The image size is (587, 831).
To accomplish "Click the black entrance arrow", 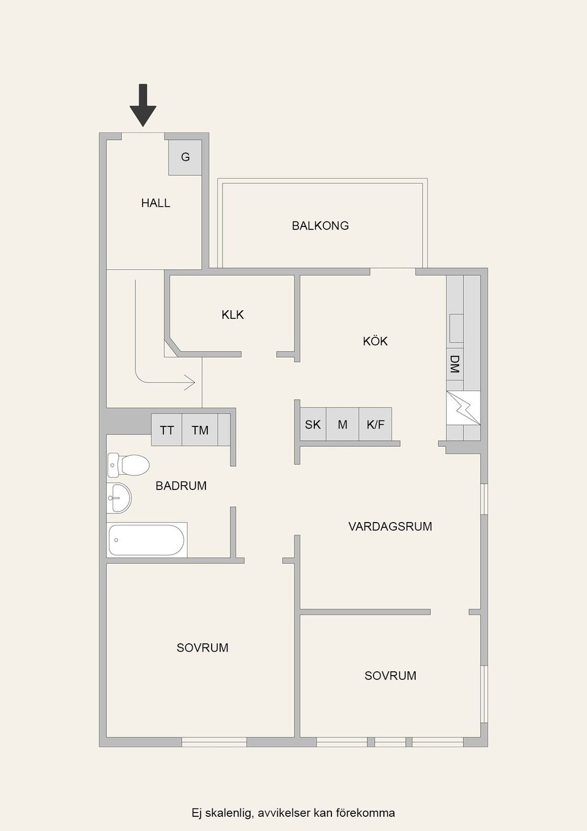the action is point(143,105).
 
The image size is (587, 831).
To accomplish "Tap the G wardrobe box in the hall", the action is point(185,157).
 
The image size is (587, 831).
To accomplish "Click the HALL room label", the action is point(156,203).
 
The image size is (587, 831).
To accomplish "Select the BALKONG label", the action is point(320,226).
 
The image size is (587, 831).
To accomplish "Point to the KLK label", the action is point(233,315).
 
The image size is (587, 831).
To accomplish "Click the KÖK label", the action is point(375,341).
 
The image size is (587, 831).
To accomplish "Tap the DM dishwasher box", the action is point(455,364).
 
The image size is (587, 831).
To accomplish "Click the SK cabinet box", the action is point(313,425).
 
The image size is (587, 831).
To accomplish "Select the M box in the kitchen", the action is point(342,425).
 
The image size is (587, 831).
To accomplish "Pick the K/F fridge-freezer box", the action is point(375,425).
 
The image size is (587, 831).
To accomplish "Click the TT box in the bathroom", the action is point(167,430).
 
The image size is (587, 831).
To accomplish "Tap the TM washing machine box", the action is point(200,430).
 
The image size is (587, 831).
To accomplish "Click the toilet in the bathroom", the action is point(128,465).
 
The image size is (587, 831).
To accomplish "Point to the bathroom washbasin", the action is point(119,498).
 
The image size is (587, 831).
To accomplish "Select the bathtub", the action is point(147,540).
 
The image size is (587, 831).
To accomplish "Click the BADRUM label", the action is point(181,486).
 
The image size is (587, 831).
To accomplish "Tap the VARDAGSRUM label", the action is point(390,526).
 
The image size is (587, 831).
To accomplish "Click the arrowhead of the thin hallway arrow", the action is point(190,382).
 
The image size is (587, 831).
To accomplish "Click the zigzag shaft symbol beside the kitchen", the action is point(463,408).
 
